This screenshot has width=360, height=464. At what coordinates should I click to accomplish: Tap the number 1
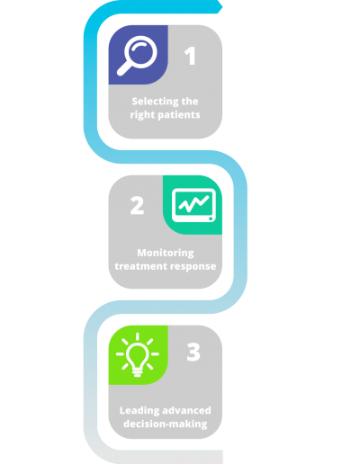(x=190, y=56)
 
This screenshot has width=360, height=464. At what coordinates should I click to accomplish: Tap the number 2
(x=137, y=206)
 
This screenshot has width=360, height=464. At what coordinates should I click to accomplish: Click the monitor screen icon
(x=193, y=205)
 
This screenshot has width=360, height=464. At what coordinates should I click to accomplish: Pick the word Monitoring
(x=166, y=253)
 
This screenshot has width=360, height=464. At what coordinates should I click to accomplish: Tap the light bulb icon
(x=138, y=354)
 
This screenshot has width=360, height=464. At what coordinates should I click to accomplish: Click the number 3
(x=193, y=352)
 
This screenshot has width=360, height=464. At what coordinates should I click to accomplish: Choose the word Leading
(x=135, y=411)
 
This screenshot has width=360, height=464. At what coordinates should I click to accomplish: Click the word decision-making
(x=166, y=424)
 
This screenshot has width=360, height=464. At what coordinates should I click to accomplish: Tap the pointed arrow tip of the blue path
(x=222, y=6)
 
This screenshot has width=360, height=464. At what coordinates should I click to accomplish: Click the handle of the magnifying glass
(x=124, y=68)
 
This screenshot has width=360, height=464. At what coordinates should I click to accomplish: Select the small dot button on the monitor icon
(x=211, y=219)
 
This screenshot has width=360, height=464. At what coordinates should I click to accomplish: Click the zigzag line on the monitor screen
(x=193, y=204)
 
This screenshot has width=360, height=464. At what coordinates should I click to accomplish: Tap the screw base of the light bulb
(x=138, y=373)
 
